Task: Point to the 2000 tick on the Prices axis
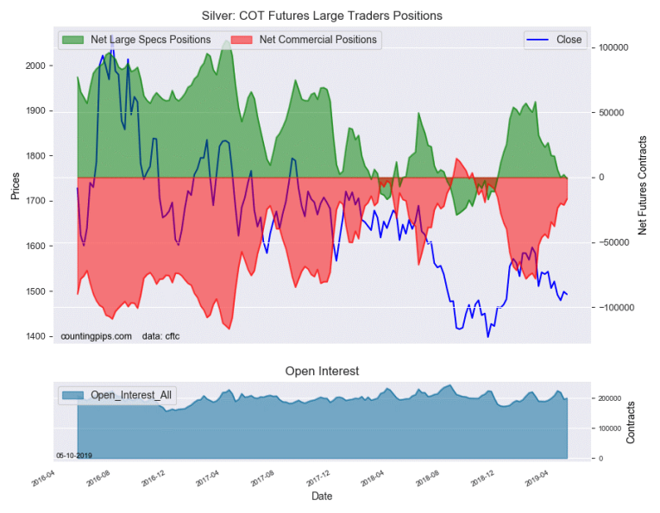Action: coord(35,66)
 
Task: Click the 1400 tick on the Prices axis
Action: coord(35,336)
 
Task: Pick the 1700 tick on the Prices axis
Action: coord(35,201)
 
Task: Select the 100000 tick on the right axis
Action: coord(613,48)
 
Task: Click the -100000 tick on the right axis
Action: coord(614,308)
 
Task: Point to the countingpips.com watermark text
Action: coord(96,335)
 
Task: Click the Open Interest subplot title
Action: coord(322,371)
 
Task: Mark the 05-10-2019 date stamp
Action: coord(74,454)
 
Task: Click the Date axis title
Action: coord(322,497)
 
